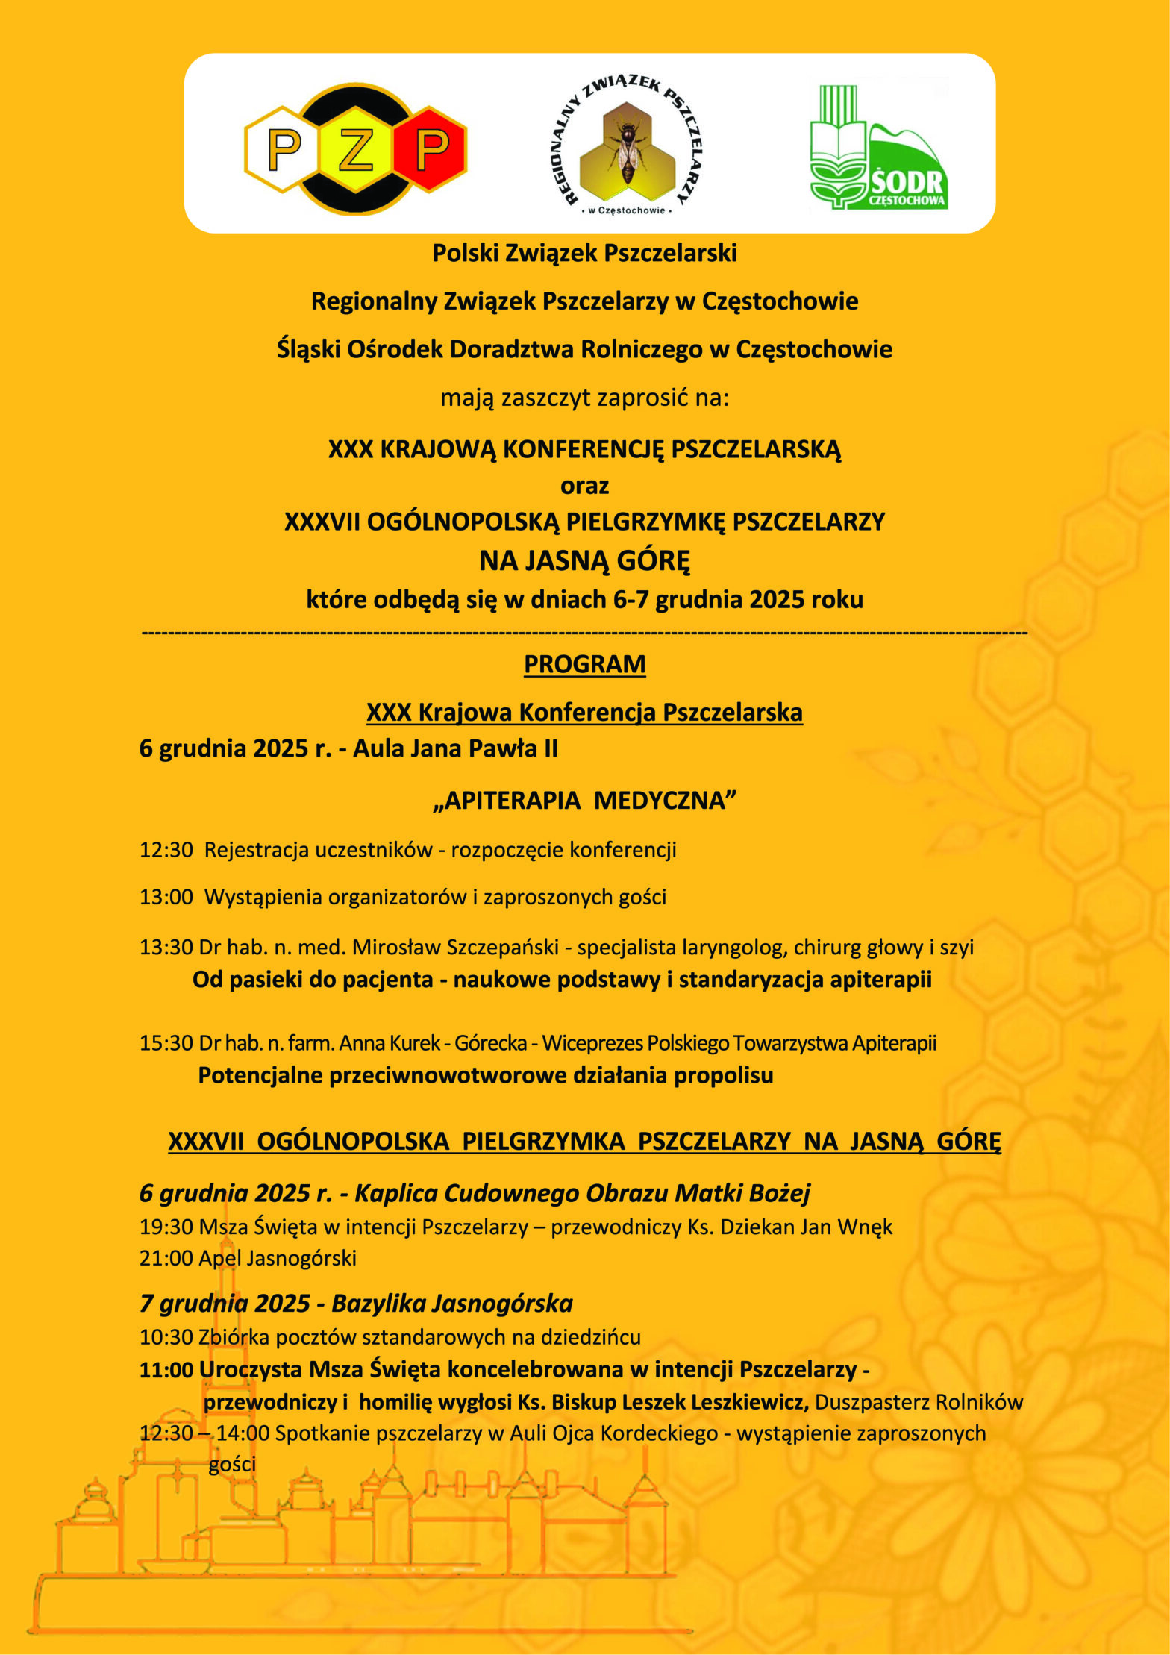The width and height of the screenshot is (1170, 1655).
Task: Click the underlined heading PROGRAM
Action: click(584, 664)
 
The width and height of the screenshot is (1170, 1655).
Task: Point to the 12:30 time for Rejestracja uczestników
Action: click(166, 850)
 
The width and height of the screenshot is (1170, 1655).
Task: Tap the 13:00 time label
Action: click(166, 897)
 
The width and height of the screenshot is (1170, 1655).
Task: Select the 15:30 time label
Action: click(166, 1043)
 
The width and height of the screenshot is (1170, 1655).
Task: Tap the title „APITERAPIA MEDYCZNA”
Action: click(584, 801)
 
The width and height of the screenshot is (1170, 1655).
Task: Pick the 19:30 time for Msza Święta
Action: click(166, 1227)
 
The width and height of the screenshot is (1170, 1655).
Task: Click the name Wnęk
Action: click(866, 1227)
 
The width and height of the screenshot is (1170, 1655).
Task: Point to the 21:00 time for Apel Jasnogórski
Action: click(166, 1258)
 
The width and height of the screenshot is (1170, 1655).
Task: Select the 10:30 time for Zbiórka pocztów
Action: click(166, 1337)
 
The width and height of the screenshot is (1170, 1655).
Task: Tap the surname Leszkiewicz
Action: click(750, 1402)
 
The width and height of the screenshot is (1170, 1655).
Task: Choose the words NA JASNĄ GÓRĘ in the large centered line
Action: click(584, 560)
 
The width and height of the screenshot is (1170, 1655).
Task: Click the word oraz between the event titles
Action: click(584, 486)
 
